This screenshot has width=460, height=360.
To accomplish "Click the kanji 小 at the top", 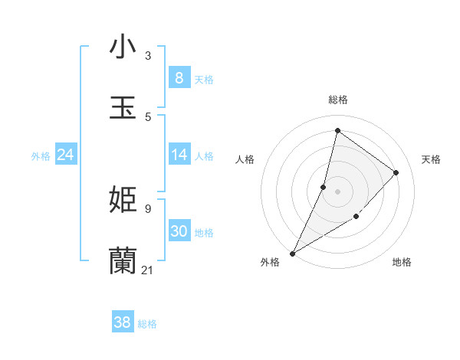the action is point(123,47).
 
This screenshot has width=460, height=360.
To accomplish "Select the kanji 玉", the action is point(123,108).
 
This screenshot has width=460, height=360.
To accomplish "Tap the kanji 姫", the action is point(123,200).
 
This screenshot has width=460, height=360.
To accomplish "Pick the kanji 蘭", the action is point(123,261).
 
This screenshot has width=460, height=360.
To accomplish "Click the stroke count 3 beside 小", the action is point(148,56).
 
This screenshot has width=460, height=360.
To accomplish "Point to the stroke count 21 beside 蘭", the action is point(148,270).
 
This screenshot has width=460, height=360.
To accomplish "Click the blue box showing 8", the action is point(179,77).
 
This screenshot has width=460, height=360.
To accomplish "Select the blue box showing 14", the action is point(179,155).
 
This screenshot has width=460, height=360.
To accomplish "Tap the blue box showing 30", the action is point(179,231).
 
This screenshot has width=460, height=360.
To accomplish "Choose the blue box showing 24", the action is point(65,155).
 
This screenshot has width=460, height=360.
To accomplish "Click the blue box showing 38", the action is point(122,322).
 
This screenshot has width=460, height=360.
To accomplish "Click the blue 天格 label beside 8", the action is point(203,80).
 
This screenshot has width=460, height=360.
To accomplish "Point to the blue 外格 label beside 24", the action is point(41,156).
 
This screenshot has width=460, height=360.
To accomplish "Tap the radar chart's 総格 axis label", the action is point(337,100).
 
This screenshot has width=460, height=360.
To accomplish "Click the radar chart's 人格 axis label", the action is point(245,159).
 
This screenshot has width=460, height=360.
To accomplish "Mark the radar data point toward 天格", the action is point(396,172).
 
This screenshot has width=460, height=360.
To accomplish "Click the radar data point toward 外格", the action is point(292,253).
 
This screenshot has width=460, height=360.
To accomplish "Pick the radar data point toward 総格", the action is point(337,131).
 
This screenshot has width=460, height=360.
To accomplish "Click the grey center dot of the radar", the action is point(337,191).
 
